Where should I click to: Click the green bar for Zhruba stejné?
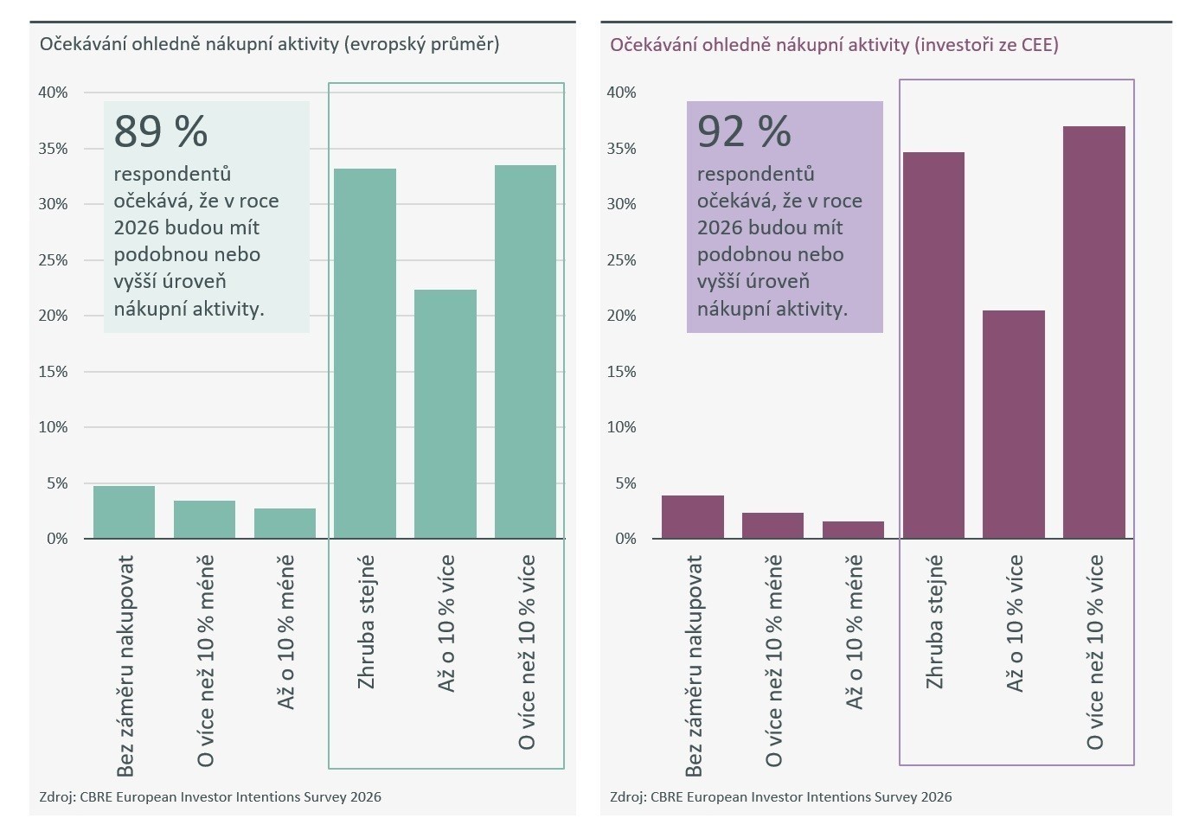coord(365,354)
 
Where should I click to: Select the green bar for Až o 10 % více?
coord(445,414)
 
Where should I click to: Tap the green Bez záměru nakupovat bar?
coord(124,513)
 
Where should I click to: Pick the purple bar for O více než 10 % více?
coord(1094,333)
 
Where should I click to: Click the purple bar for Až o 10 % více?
coord(1014,425)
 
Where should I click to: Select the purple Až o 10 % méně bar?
coord(853,530)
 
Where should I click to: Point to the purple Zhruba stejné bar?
coord(933,346)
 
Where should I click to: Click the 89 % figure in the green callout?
coord(161,131)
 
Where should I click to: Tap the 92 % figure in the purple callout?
coord(744,131)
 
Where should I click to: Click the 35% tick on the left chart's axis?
coord(53,149)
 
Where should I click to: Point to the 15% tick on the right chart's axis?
coord(621,372)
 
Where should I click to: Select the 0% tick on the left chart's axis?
coord(57,539)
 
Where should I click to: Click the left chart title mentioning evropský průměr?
coord(269,44)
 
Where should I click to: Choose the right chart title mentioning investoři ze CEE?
coord(834,45)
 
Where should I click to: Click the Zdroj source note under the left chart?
coord(210,797)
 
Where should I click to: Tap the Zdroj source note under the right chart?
coord(780,797)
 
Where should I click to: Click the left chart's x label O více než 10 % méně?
coord(205,662)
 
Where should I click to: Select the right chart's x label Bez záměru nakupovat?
coord(694,666)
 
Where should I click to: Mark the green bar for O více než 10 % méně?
coord(204,520)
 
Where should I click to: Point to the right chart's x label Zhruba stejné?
coord(934,623)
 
